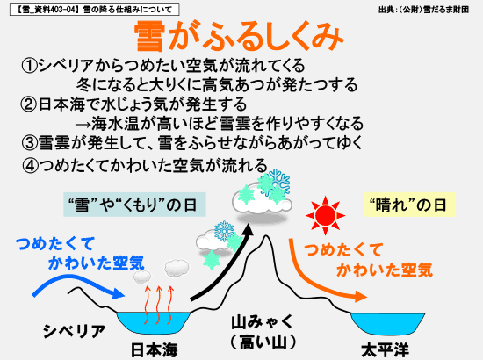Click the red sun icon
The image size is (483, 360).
click(x=325, y=215)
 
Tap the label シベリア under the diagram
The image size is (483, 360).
click(x=74, y=331)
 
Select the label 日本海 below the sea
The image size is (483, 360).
click(x=155, y=349)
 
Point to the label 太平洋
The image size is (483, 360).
click(x=385, y=350)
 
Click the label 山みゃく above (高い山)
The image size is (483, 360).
click(x=263, y=322)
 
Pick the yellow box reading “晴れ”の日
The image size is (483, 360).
click(x=410, y=205)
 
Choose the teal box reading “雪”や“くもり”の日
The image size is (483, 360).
click(x=134, y=205)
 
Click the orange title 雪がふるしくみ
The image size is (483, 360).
click(x=239, y=36)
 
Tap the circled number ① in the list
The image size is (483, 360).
click(x=30, y=66)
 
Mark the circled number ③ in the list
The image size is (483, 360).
click(x=30, y=142)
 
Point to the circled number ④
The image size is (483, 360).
click(x=30, y=166)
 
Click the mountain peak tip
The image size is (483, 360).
click(x=266, y=236)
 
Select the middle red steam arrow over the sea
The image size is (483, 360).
click(x=158, y=305)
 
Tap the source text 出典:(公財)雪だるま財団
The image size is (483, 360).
click(x=423, y=10)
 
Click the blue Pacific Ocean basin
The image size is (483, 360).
click(x=388, y=323)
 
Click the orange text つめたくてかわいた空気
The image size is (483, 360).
click(x=369, y=260)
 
